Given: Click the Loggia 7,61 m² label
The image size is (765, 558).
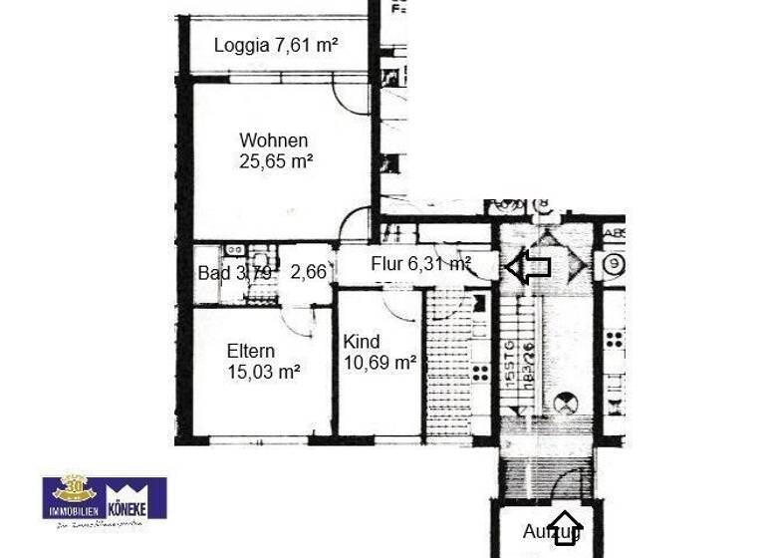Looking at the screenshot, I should (x=276, y=45).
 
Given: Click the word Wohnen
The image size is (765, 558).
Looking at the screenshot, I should (x=273, y=140).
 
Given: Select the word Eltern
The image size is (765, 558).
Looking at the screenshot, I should (x=250, y=351).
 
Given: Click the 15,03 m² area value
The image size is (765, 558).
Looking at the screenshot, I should (x=264, y=372).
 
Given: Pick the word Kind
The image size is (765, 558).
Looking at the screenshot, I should (x=362, y=342).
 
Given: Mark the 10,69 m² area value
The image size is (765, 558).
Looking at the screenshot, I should (x=380, y=363).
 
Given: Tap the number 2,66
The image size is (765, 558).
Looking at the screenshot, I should (x=308, y=272).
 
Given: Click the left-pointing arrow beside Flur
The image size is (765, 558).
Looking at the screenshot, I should (x=528, y=265).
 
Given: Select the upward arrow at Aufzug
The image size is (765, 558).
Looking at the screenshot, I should (x=566, y=526).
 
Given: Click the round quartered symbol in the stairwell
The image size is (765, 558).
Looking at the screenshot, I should (x=566, y=404).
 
